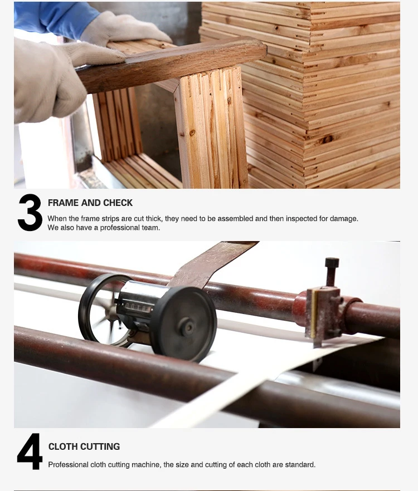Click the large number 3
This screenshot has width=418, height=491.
click(x=30, y=213)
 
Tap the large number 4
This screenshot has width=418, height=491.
click(x=30, y=451)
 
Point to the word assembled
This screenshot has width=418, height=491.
click(x=235, y=219)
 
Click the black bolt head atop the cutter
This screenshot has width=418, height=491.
click(x=332, y=262)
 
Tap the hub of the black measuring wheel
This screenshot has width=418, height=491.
click(x=189, y=327)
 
